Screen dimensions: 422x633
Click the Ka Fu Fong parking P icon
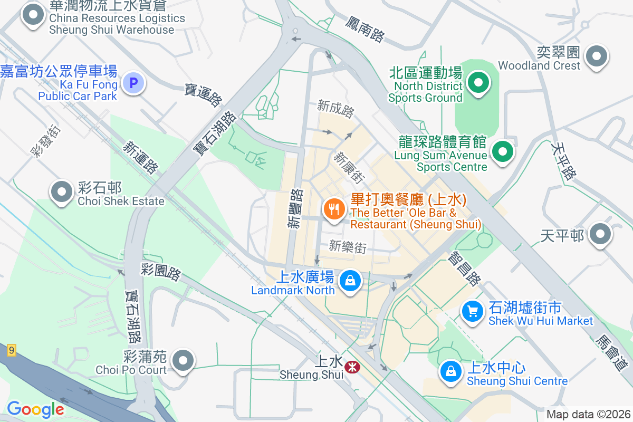pyautogui.click(x=133, y=83)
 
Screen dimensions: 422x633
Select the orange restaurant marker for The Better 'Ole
pyautogui.click(x=333, y=209)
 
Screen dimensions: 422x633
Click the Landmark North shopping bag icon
pyautogui.click(x=350, y=280)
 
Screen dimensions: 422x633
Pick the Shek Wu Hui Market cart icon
pyautogui.click(x=473, y=311)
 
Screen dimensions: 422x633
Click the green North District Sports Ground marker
pyautogui.click(x=478, y=83)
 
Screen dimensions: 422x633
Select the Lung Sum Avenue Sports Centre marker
pyautogui.click(x=503, y=152)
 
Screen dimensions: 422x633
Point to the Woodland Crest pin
pyautogui.click(x=597, y=55)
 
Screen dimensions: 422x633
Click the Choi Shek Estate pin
pyautogui.click(x=62, y=191)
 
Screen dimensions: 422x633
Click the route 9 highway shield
pyautogui.click(x=12, y=349)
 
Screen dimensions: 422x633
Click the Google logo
pyautogui.click(x=35, y=409)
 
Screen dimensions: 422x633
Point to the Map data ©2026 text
pyautogui.click(x=588, y=414)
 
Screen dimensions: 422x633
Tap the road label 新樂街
pyautogui.click(x=347, y=246)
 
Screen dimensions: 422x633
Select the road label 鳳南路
pyautogui.click(x=365, y=29)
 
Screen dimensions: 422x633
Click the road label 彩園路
pyautogui.click(x=161, y=272)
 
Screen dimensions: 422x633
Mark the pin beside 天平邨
pyautogui.click(x=600, y=235)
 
